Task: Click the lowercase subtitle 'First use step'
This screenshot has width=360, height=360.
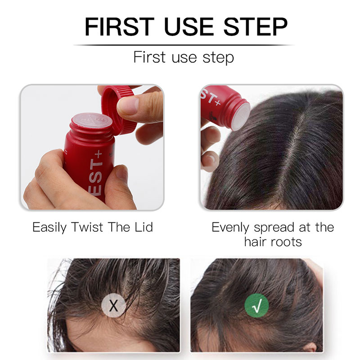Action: [x=184, y=58]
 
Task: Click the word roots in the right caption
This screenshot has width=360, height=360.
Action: [x=286, y=242]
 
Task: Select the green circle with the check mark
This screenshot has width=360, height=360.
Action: [x=256, y=306]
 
